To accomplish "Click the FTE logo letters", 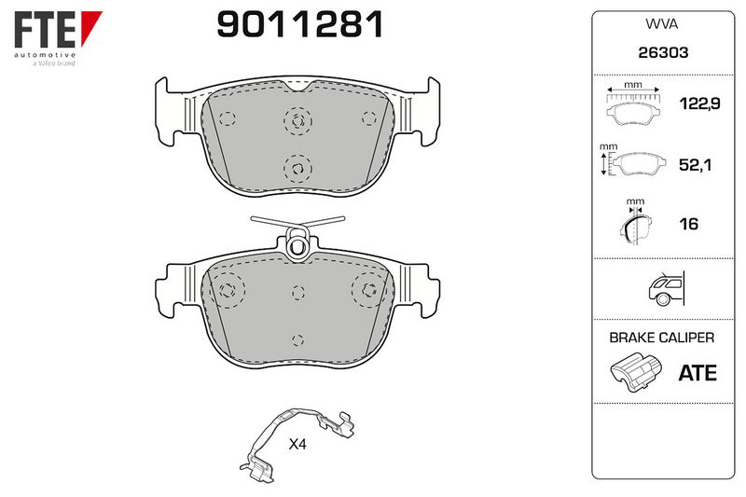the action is pos(45,30).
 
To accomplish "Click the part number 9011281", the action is pos(300,25).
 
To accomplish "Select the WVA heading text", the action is pos(662,24).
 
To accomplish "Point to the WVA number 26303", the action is pos(663,52).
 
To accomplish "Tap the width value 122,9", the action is pos(699,104).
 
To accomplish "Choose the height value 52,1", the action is pos(695,165).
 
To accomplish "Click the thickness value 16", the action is pos(688,224).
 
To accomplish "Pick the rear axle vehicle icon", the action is pos(667,289).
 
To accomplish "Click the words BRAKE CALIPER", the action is pos(662,338).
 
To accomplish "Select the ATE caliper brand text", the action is pos(698,373).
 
